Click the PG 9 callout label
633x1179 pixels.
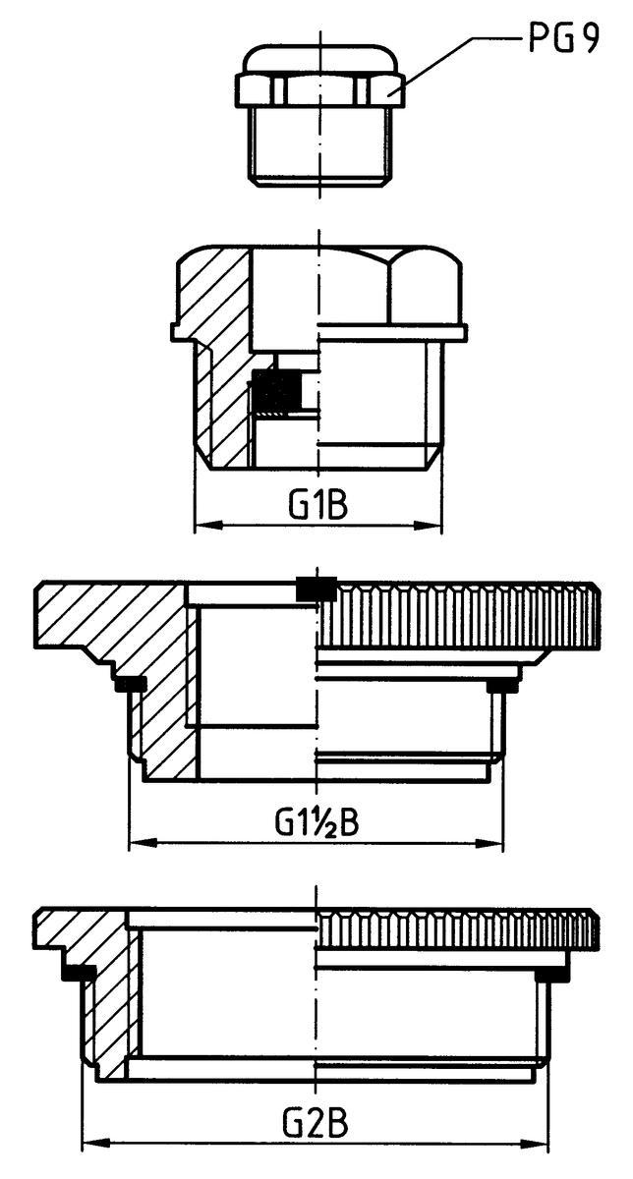563,39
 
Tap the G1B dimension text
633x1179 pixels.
318,505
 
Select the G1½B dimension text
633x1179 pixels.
316,821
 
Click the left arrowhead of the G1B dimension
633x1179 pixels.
209,525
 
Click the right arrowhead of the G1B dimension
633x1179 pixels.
428,525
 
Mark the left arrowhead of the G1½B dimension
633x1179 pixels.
144,843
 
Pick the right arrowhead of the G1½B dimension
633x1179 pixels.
489,843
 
